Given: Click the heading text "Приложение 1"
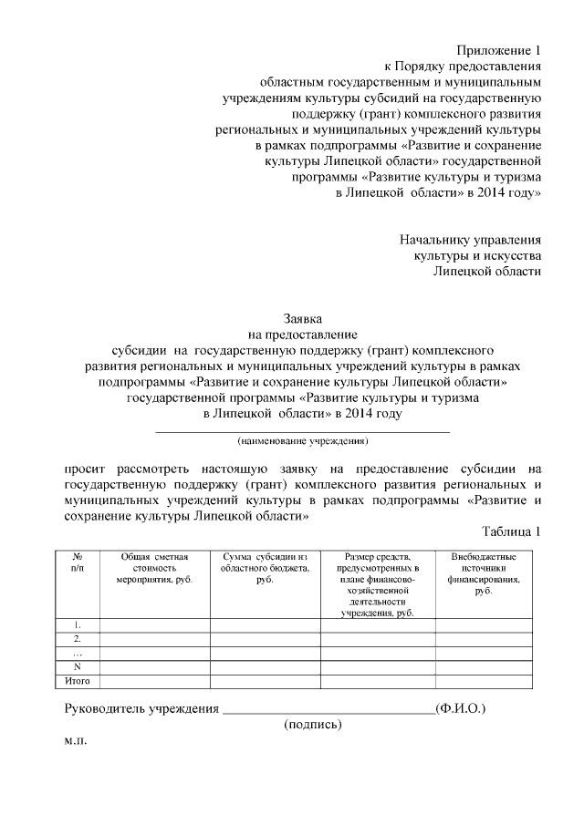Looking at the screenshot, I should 498,50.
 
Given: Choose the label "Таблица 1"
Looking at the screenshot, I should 511,531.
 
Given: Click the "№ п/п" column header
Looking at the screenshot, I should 78,562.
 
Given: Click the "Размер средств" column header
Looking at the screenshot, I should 377,583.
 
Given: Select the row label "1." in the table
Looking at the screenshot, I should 78,625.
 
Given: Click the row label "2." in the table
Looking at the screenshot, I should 78,639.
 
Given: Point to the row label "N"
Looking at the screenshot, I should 78,666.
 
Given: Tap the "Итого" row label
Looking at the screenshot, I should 78,681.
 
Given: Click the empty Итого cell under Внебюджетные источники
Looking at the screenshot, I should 483,681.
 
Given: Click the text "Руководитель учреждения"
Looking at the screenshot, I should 141,707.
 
